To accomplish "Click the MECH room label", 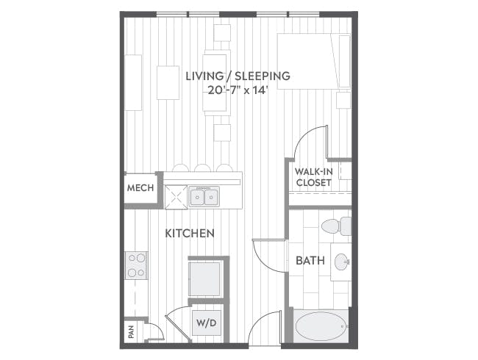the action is [140, 187].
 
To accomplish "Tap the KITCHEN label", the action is [190, 234].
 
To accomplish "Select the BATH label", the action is [310, 260].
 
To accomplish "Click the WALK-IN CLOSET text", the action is [314, 177].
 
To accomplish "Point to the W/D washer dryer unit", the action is [207, 323].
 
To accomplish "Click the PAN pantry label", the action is [132, 332].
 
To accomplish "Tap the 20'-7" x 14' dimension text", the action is [238, 90].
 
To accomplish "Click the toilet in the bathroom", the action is [336, 226].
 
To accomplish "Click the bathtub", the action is [321, 326].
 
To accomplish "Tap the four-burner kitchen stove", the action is [136, 265].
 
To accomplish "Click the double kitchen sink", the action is [204, 197].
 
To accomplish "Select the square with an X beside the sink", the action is [176, 197].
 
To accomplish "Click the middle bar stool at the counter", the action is [203, 168].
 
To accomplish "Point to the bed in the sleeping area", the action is [314, 61].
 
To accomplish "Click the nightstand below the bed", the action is [343, 100].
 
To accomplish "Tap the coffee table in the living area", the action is [168, 82].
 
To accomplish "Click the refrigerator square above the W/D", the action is [204, 278].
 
